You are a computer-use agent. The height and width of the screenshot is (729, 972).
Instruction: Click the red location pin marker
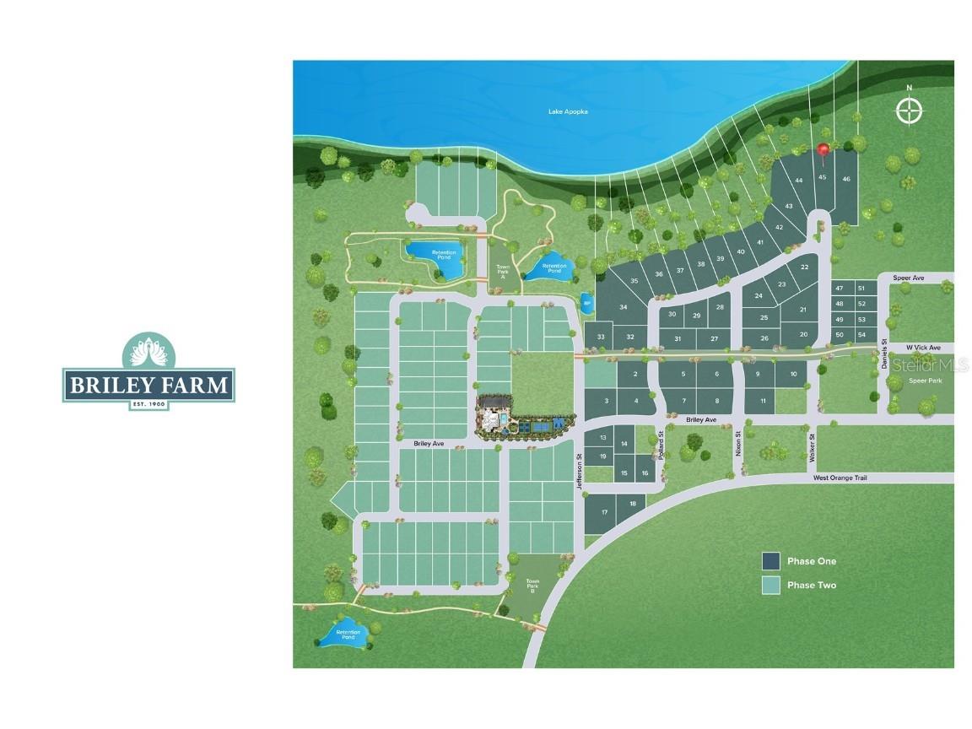[823, 149]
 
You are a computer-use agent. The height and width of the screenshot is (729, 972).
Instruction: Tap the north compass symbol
[909, 111]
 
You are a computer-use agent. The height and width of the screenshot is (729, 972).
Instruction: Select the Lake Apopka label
[567, 111]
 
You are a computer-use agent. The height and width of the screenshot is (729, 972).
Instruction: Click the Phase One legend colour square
[770, 561]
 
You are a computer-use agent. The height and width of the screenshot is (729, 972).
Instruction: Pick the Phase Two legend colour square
[770, 585]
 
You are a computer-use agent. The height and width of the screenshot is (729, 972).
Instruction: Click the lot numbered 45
[822, 177]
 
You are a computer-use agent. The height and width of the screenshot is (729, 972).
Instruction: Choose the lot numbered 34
[624, 307]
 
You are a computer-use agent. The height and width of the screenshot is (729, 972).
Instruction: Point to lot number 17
[604, 512]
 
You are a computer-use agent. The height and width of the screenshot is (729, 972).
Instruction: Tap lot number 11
[762, 400]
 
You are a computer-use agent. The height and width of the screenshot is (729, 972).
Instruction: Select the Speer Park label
[924, 381]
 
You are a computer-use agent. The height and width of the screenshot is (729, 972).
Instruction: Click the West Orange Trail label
[840, 478]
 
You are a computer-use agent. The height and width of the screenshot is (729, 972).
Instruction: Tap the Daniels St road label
[884, 352]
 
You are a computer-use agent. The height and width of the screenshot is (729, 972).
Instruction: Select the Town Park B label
[532, 586]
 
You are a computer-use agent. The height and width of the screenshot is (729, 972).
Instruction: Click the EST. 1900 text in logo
[148, 405]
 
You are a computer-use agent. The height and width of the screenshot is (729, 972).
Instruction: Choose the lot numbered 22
[804, 267]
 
